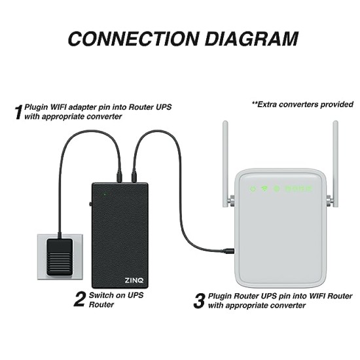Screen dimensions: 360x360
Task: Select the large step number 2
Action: click(79, 300)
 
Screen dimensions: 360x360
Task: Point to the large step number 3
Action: click(199, 300)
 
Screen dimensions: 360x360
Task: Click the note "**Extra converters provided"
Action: click(302, 104)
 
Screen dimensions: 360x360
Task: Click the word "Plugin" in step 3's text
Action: click(223, 296)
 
